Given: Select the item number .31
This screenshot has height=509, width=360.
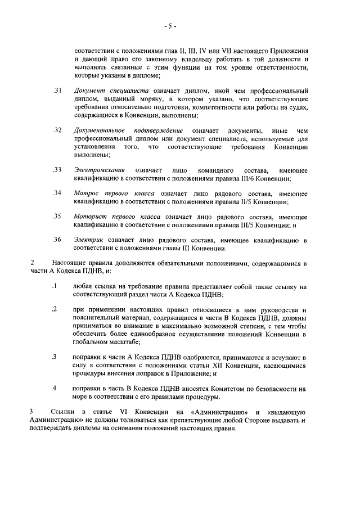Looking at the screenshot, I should click(56, 91).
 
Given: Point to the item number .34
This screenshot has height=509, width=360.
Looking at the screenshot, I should click(56, 193).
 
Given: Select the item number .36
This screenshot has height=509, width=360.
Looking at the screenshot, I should click(56, 240).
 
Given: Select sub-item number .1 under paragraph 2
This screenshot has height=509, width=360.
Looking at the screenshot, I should click(54, 286).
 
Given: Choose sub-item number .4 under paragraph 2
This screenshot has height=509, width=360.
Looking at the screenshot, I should click(54, 389).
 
